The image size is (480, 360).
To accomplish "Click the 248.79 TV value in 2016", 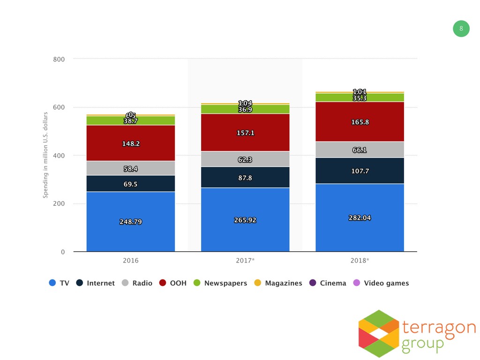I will [x=130, y=222].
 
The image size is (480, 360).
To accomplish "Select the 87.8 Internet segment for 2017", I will [x=245, y=178].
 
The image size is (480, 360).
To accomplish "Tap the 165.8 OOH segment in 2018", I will [x=360, y=122].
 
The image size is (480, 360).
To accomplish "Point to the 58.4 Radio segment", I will [x=130, y=168].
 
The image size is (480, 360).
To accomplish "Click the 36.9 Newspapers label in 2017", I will [x=245, y=110].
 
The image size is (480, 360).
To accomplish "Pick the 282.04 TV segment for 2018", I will [x=360, y=218].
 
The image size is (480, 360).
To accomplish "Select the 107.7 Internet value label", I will [x=360, y=171].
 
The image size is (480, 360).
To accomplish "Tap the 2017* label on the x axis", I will [x=245, y=260].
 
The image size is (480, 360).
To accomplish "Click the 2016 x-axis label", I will [x=130, y=260].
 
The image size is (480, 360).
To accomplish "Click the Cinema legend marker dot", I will [x=313, y=283].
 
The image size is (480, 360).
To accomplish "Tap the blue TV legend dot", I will [x=52, y=283].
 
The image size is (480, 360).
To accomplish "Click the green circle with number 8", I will [x=461, y=29].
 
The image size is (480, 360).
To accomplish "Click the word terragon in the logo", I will [x=438, y=327].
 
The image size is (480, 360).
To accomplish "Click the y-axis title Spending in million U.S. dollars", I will [x=46, y=155].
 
